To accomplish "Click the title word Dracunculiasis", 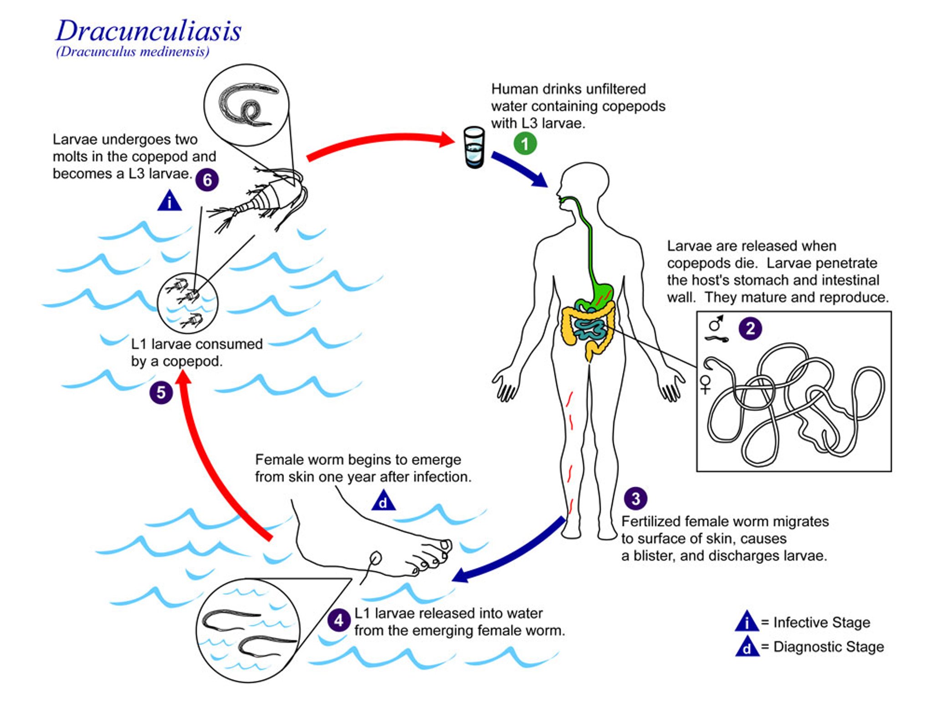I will point(149,31).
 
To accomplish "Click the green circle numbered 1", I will point(525,144).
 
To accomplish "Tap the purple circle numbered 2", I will point(750,328).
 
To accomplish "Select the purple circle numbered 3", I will point(635,498).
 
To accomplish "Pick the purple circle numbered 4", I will point(338,620).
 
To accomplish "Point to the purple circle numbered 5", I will point(161,392).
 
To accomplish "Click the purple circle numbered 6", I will point(207,180).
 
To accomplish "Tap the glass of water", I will point(474,147).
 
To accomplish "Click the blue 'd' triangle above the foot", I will point(383,501).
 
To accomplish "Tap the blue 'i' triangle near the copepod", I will point(169,201).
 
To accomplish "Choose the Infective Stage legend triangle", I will point(746,622).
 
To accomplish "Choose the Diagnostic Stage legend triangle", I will point(747,647).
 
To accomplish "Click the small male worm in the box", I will point(717,339).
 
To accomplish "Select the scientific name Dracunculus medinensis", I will point(133,52).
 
